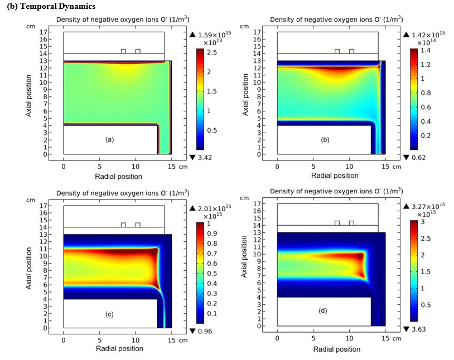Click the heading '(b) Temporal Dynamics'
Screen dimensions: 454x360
pyautogui.click(x=51, y=6)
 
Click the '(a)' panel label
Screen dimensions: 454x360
pyautogui.click(x=109, y=139)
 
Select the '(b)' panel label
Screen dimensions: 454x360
pyautogui.click(x=325, y=140)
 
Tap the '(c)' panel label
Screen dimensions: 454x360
pyautogui.click(x=109, y=314)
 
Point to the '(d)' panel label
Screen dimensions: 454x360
pyautogui.click(x=322, y=310)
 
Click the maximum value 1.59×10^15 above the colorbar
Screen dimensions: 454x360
pyautogui.click(x=215, y=35)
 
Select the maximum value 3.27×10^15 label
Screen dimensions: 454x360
pyautogui.click(x=428, y=206)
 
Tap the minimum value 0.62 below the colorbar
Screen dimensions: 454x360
pyautogui.click(x=419, y=157)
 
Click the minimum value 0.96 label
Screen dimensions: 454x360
pyautogui.click(x=205, y=331)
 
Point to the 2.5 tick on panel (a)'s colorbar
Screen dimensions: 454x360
pyautogui.click(x=212, y=52)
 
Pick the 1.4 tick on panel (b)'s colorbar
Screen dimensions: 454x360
pyautogui.click(x=426, y=50)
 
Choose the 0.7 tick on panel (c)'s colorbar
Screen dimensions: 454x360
pyautogui.click(x=212, y=254)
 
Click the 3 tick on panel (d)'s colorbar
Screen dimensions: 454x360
pyautogui.click(x=423, y=222)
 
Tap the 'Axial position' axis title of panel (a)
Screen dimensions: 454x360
pyautogui.click(x=28, y=96)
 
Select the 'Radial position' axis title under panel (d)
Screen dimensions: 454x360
pyautogui.click(x=337, y=349)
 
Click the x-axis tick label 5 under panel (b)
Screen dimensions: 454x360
pyautogui.click(x=313, y=167)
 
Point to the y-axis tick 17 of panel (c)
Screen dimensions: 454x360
pyautogui.click(x=44, y=206)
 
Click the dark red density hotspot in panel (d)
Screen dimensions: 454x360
pyautogui.click(x=360, y=256)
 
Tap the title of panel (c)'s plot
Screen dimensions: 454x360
pyautogui.click(x=123, y=193)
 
